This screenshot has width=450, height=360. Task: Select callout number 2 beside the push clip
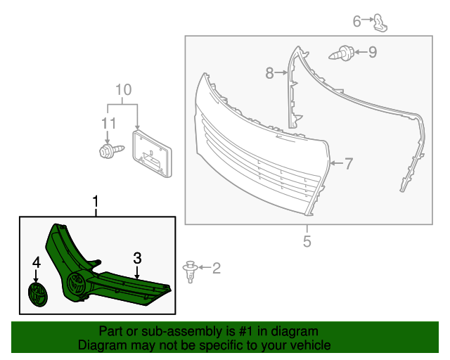pyautogui.click(x=216, y=267)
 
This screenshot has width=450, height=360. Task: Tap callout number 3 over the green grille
pyautogui.click(x=138, y=258)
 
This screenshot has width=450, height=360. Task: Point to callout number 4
pyautogui.click(x=36, y=263)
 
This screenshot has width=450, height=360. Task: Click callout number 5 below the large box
pyautogui.click(x=307, y=241)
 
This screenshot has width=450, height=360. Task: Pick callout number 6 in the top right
pyautogui.click(x=357, y=21)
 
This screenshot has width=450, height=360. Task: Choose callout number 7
pyautogui.click(x=348, y=163)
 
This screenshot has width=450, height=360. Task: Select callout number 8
pyautogui.click(x=269, y=72)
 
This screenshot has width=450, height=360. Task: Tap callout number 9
pyautogui.click(x=373, y=51)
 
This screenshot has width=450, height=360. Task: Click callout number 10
pyautogui.click(x=123, y=90)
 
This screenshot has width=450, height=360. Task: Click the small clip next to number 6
pyautogui.click(x=379, y=22)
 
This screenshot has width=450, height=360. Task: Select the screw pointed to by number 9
pyautogui.click(x=343, y=52)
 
